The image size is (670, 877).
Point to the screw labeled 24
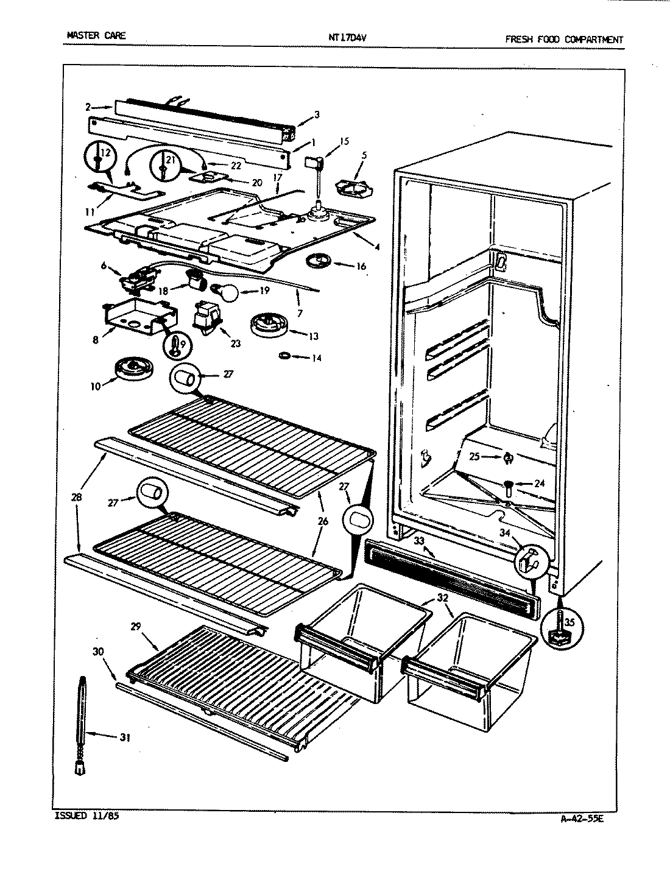click(507, 485)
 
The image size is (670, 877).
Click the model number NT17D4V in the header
click(347, 37)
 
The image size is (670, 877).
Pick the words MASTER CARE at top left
click(96, 35)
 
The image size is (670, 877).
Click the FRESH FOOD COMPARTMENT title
click(563, 40)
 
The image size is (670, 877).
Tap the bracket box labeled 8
click(137, 317)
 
